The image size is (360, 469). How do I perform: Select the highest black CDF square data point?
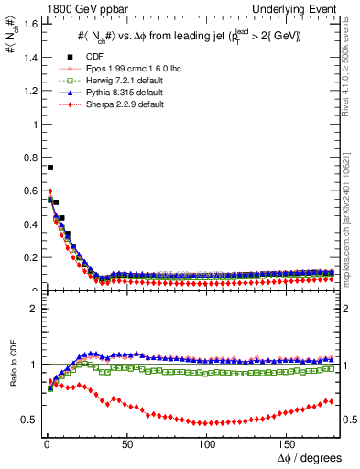point(50,168)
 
